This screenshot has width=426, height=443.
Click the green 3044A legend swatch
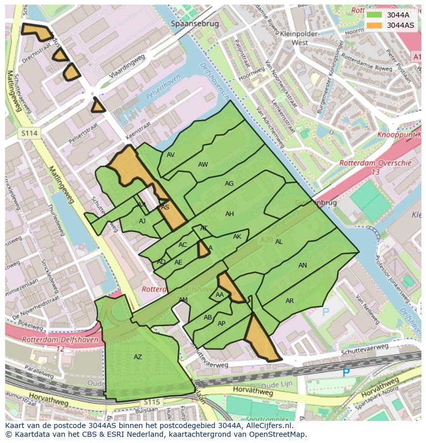point(374,15)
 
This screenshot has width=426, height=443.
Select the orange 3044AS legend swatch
point(374,25)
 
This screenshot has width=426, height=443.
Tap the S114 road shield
point(29,133)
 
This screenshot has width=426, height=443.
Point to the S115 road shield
point(152,402)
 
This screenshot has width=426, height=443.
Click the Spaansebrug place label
point(195,24)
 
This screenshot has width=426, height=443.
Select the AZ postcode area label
point(138,357)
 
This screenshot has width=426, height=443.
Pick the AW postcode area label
point(203,165)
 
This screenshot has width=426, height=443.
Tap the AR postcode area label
point(290,301)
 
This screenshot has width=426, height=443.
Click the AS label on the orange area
point(165,207)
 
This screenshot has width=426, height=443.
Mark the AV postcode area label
point(171,155)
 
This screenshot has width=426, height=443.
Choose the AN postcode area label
point(303,265)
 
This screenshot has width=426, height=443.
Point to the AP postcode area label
point(221,324)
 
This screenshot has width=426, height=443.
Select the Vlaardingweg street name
point(128,67)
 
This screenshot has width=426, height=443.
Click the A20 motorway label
point(266,239)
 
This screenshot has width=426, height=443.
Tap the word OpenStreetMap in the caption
point(277,434)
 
